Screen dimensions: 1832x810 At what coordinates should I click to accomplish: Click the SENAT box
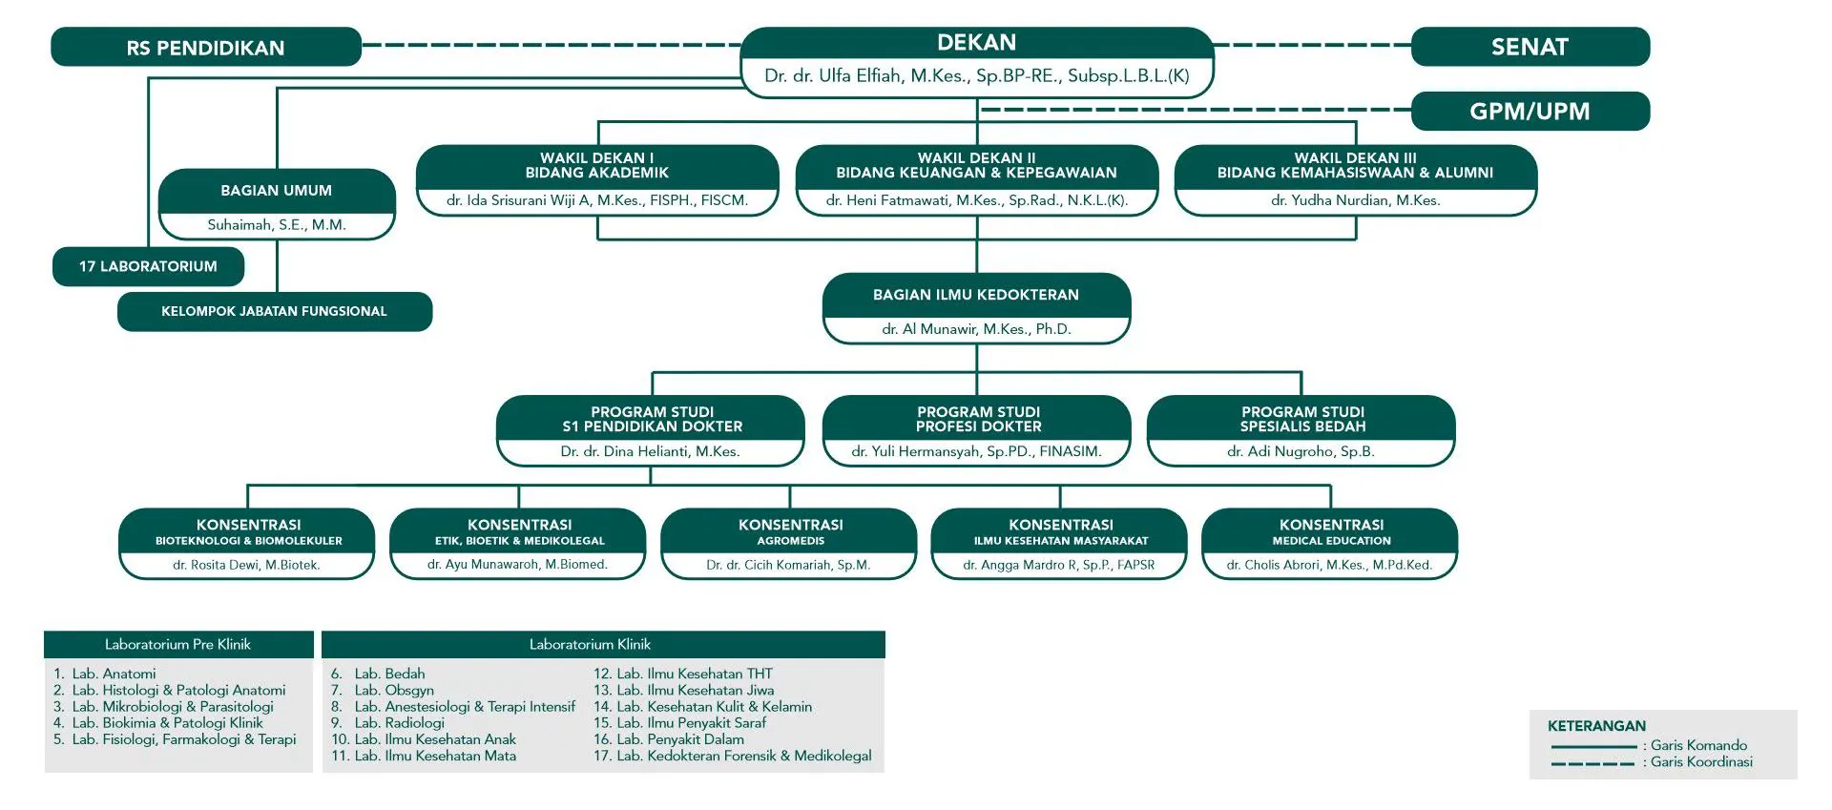1530,47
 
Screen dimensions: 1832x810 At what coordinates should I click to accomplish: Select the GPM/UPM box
1530,111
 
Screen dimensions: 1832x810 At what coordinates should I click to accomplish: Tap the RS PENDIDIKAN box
206,47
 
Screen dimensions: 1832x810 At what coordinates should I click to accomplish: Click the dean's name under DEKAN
976,75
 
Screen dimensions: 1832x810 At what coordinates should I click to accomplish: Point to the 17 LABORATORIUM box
148,266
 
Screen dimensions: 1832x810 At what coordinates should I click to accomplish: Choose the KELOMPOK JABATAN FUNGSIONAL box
275,311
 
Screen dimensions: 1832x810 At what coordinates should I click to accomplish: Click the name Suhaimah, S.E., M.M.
277,225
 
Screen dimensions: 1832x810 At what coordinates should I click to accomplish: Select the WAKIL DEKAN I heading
597,165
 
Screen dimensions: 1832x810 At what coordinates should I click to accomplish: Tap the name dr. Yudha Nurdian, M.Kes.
1356,200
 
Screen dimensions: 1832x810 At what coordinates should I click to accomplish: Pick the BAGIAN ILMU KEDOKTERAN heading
976,295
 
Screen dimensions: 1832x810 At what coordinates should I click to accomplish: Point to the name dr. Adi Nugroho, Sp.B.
1301,451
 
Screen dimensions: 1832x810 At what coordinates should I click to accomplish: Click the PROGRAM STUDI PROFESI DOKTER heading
978,419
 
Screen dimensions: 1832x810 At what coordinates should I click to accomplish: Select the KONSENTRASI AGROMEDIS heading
790,532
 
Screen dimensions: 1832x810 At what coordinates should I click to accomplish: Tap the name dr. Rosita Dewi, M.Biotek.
246,565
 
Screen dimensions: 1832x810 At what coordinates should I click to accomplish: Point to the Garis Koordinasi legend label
1701,762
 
